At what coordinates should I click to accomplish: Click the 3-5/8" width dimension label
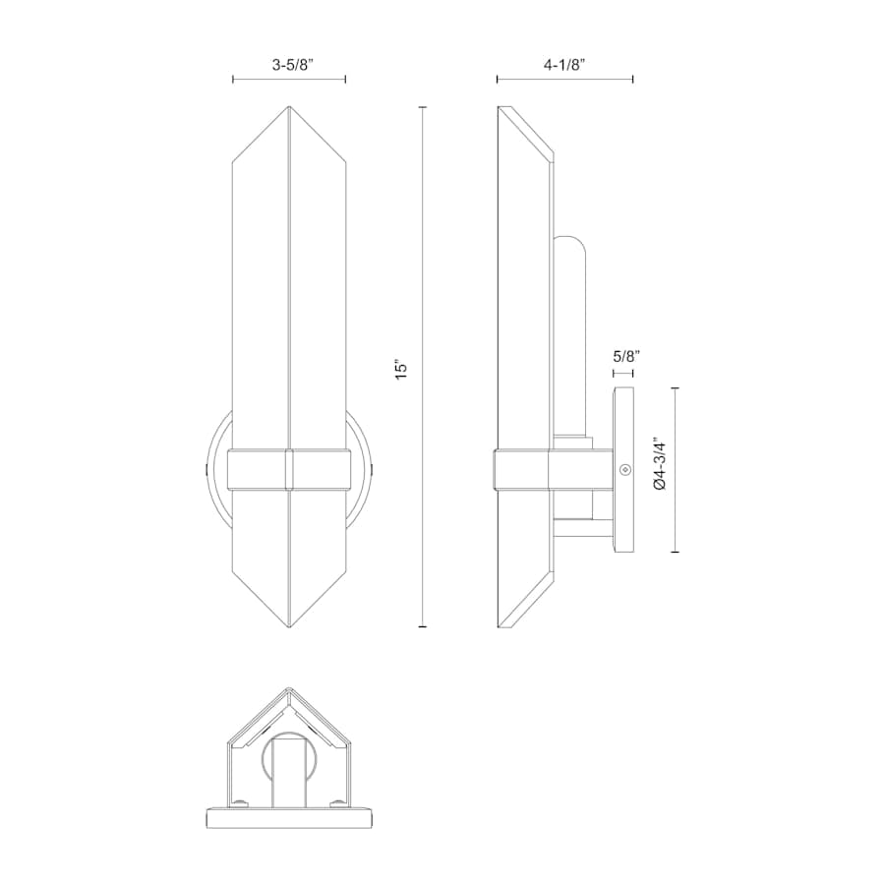coord(289,65)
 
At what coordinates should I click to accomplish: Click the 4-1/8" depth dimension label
coord(564,65)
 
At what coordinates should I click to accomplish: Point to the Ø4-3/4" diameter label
coord(660,470)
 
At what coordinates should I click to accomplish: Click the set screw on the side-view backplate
coord(623,470)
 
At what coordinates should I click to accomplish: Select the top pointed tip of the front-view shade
coord(289,108)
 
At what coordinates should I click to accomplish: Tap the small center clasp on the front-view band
coord(289,468)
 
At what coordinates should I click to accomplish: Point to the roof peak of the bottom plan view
coord(288,690)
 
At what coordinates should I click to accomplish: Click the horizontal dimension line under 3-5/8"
coord(289,80)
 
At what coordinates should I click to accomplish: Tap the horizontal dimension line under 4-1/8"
coord(564,80)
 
